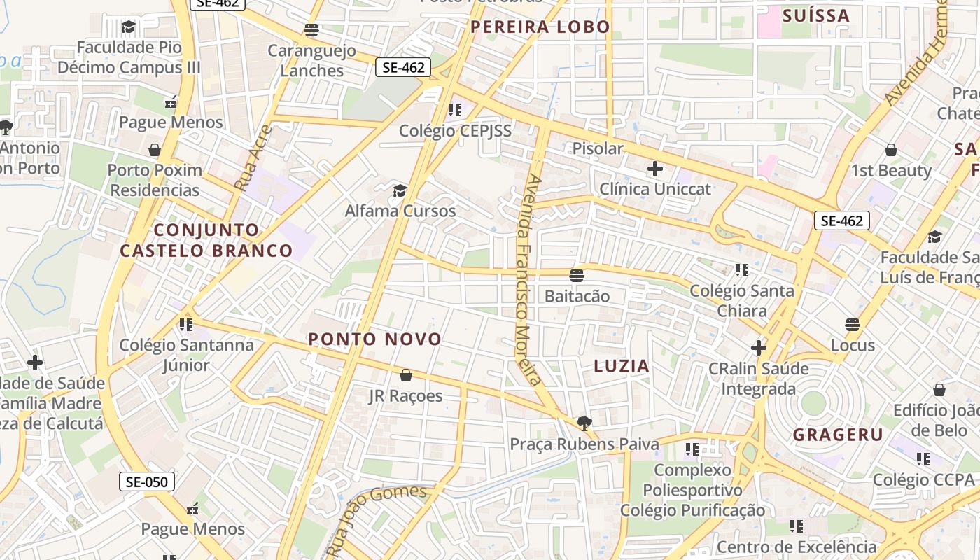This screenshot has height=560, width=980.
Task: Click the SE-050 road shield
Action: click(x=146, y=482)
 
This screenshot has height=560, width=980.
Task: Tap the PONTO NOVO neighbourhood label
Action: click(x=375, y=339)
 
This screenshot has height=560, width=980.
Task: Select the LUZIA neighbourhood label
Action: click(x=622, y=366)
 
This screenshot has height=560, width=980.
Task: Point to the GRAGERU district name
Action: click(x=838, y=435)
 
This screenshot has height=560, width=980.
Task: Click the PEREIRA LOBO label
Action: click(x=540, y=27)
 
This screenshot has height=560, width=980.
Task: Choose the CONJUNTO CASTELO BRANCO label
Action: click(x=206, y=240)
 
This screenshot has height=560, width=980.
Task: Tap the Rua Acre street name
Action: click(x=253, y=158)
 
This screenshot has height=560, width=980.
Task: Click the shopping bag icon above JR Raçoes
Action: click(x=406, y=376)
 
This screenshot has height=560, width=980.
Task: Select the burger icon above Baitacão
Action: click(x=577, y=276)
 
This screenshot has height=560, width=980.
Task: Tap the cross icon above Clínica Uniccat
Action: click(x=655, y=169)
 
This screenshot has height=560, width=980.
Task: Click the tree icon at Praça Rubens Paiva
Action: click(x=584, y=423)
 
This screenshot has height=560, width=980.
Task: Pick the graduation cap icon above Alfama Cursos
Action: click(x=400, y=190)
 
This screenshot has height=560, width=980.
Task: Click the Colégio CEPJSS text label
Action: click(x=455, y=131)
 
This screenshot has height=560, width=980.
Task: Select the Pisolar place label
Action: click(x=598, y=148)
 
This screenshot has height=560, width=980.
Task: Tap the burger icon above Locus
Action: click(x=853, y=325)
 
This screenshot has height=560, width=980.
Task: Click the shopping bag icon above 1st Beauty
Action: click(x=891, y=150)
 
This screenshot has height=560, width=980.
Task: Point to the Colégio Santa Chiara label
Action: click(x=742, y=300)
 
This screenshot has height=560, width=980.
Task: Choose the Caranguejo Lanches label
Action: click(x=311, y=61)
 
